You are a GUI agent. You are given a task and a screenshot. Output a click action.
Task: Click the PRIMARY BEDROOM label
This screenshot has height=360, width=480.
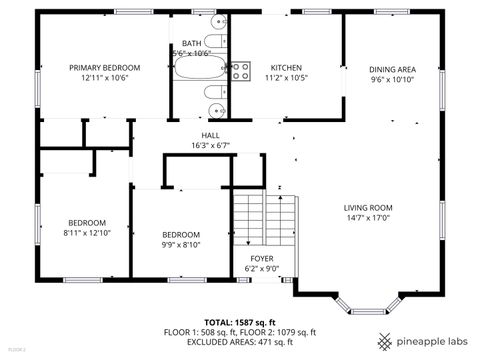point(104,67)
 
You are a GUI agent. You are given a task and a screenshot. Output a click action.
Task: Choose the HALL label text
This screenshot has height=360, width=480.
point(210,135)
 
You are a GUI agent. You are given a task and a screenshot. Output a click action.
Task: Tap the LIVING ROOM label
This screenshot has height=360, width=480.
point(368,207)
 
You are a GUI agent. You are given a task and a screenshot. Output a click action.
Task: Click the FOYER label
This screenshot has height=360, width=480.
point(262,258)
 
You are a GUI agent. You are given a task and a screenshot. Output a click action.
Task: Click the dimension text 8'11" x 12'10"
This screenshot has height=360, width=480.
point(86,232)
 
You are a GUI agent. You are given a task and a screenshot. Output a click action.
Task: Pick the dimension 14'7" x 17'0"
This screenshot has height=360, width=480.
point(368,217)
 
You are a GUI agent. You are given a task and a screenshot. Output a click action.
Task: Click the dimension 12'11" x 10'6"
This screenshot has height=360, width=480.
point(104,77)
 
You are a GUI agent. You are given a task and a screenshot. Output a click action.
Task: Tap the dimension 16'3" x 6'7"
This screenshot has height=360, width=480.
point(210,145)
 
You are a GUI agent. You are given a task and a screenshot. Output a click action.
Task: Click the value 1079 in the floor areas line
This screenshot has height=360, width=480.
point(278,332)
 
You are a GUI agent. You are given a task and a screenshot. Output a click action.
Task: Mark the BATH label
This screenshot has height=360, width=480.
point(190,43)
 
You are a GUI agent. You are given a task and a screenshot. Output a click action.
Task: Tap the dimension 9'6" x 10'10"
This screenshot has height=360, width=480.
point(392,79)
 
